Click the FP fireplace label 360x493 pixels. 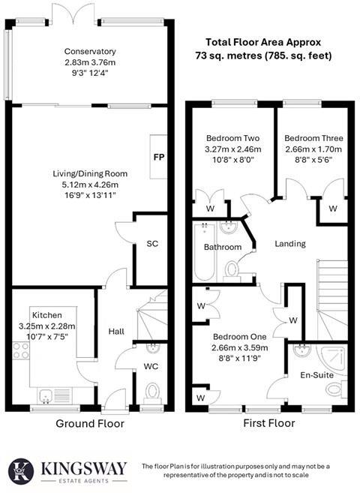[158, 158]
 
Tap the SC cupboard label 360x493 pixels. [152, 244]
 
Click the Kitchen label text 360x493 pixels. [46, 314]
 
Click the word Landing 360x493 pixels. [290, 244]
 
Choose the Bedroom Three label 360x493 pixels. [313, 138]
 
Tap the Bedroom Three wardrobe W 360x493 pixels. [333, 208]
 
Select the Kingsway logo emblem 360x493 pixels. [23, 470]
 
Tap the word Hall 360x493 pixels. [115, 331]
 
